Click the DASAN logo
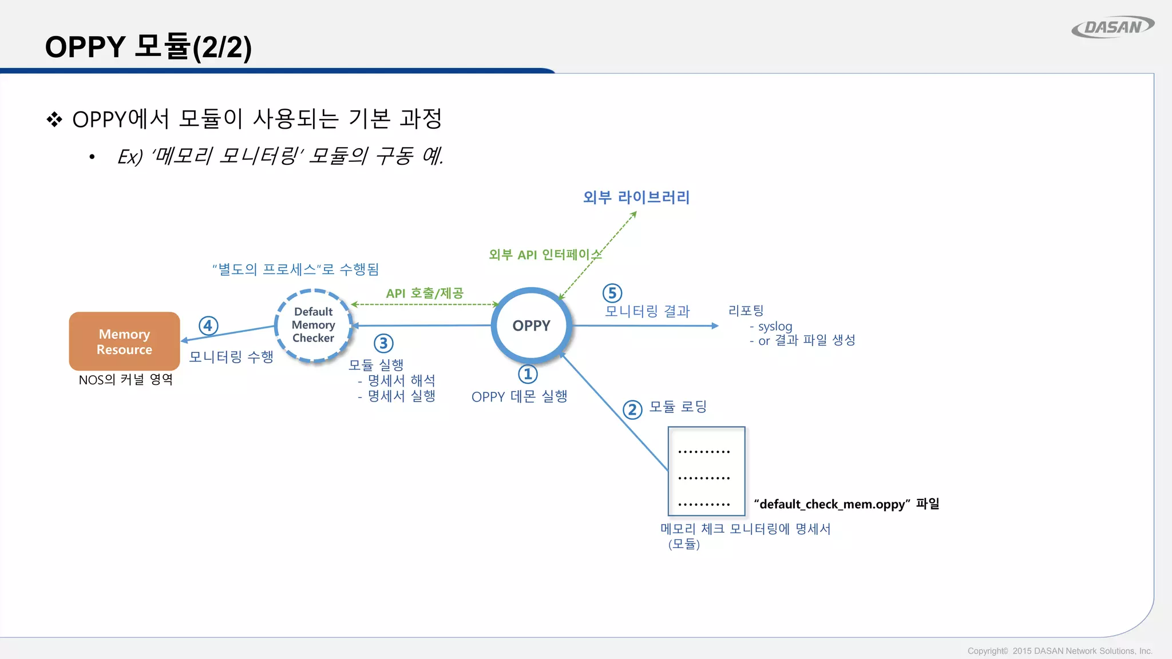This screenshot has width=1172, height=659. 1112,27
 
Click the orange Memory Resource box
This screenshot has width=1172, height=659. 124,341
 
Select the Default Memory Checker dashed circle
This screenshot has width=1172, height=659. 313,325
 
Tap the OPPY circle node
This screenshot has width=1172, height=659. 531,325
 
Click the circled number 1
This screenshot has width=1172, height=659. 528,375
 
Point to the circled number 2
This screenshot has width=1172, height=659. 632,410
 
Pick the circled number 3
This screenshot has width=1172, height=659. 383,344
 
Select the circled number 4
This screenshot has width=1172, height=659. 208,326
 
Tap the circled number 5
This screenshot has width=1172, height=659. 612,293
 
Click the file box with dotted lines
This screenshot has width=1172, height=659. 706,471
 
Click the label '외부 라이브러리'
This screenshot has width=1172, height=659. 636,197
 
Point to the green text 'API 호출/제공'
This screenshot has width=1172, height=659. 425,293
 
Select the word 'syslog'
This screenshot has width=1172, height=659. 775,327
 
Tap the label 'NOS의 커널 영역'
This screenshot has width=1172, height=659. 126,380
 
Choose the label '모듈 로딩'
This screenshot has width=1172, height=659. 678,407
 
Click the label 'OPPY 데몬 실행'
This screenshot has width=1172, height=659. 519,396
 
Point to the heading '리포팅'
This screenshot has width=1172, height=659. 746,311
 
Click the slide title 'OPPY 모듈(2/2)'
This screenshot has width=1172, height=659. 148,47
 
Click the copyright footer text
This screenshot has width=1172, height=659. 1059,651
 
